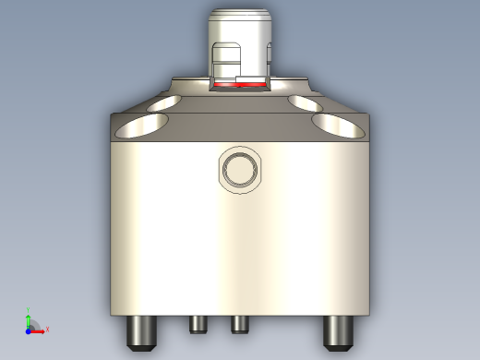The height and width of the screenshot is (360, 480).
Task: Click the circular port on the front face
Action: click(240, 170)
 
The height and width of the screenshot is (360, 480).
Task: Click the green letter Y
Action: click(29, 310)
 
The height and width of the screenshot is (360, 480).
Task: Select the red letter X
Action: click(46, 329)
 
